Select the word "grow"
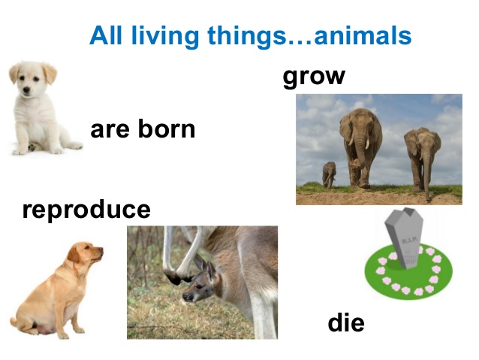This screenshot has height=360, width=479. coord(314,76)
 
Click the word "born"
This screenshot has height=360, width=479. coord(166,129)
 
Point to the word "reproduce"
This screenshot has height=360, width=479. coord(86,209)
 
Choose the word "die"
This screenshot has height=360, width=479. coord(346,323)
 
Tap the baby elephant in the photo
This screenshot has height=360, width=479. coord(329,174)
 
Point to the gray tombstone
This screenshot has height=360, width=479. coord(404,239)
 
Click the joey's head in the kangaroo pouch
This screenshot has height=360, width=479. coord(197,285)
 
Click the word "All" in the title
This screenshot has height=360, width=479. coord(105,35)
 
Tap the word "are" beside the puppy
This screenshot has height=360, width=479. coord(110,129)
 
